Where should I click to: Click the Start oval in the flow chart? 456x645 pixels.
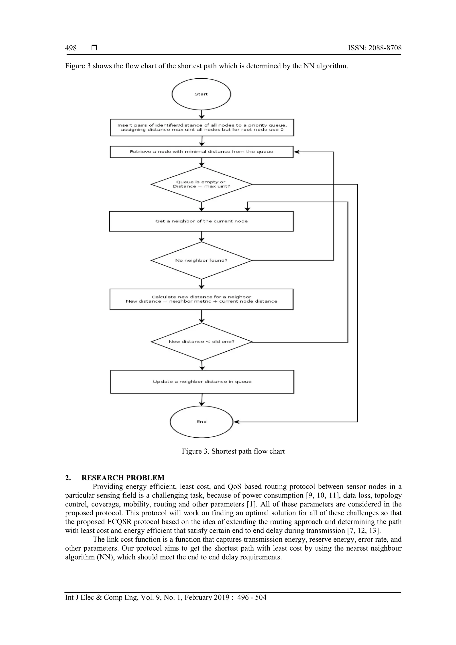[x=201, y=94]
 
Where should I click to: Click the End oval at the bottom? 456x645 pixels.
[x=201, y=422]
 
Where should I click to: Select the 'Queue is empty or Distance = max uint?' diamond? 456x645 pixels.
[x=201, y=184]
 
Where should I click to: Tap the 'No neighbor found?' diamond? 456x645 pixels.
[x=201, y=260]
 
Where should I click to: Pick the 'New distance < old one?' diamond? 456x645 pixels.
[x=201, y=342]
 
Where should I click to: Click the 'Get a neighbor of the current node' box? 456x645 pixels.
[x=201, y=221]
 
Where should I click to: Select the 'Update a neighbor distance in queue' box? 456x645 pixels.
[x=202, y=382]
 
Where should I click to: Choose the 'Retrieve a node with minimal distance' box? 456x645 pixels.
[x=201, y=152]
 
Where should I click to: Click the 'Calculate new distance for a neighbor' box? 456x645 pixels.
[x=201, y=299]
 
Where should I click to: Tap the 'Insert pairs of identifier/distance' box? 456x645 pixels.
[x=202, y=128]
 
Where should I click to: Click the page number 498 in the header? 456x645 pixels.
[x=71, y=48]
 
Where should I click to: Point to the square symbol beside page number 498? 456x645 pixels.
[x=94, y=48]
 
